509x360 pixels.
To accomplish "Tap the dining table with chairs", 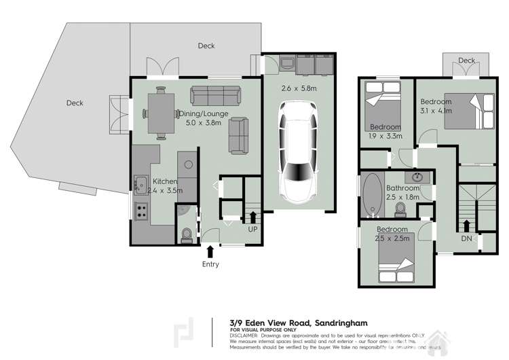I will click(160, 113).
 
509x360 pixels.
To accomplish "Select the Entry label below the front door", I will click(210, 264).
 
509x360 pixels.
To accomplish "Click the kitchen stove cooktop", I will click(142, 211).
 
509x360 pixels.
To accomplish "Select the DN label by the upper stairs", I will click(467, 238).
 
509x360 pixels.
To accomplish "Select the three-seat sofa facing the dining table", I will click(210, 94).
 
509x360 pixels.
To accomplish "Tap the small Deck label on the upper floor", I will click(466, 60).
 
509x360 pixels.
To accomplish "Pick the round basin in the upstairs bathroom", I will click(418, 177).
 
